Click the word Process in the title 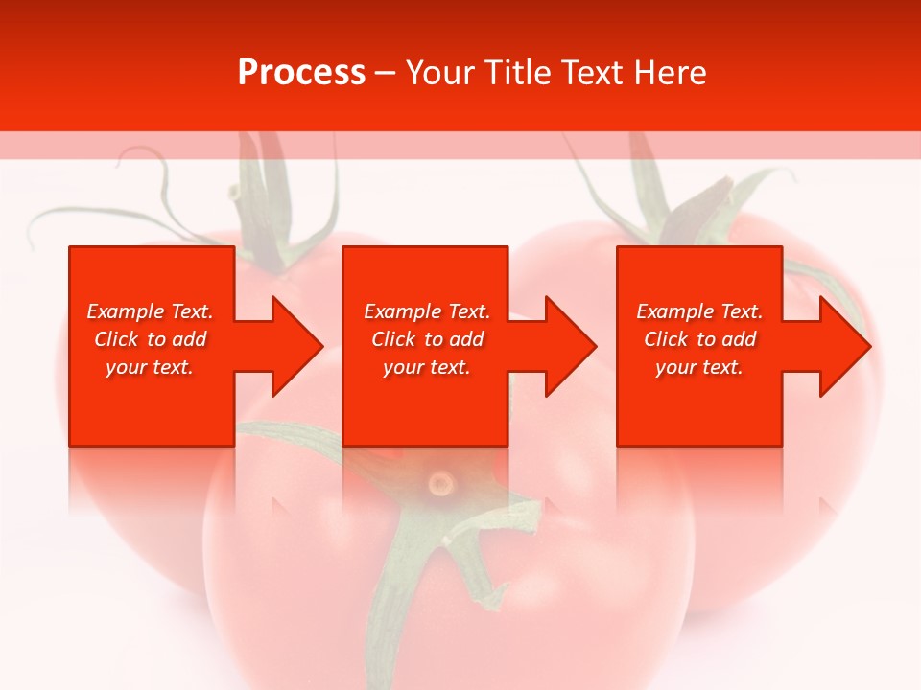coord(301,73)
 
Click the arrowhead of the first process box coord(297,346)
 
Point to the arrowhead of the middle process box coord(571,346)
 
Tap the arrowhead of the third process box coord(845,346)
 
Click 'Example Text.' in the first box coord(150,311)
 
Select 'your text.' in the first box coord(150,367)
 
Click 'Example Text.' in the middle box coord(427,311)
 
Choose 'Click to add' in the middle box coord(427,339)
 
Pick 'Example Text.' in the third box coord(699,311)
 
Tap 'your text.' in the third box coord(699,367)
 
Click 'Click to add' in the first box coord(150,339)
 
